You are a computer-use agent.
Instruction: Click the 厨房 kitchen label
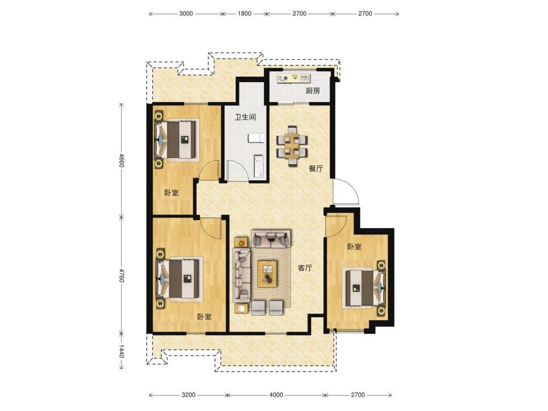pos(313,91)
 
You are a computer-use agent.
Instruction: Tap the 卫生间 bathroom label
pos(245,117)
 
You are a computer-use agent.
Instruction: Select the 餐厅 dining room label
pos(316,168)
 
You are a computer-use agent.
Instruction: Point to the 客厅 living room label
pos(305,268)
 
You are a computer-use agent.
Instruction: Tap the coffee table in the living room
pos(268,273)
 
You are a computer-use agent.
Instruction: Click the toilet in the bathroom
pos(256,138)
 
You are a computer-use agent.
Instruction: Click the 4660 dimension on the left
pos(121,160)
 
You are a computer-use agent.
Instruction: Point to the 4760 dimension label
pos(121,276)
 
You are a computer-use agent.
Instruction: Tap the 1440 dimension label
pos(121,351)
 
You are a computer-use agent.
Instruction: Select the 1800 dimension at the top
pos(244,14)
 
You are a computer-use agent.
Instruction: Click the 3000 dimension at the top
pos(186,14)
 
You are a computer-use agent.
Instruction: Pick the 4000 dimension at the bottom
pos(276,395)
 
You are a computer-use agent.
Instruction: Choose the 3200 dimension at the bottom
pos(189,395)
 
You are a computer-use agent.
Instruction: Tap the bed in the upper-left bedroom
pos(176,140)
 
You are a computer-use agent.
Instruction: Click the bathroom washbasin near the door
pos(259,165)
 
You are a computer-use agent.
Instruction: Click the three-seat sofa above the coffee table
pos(271,238)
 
